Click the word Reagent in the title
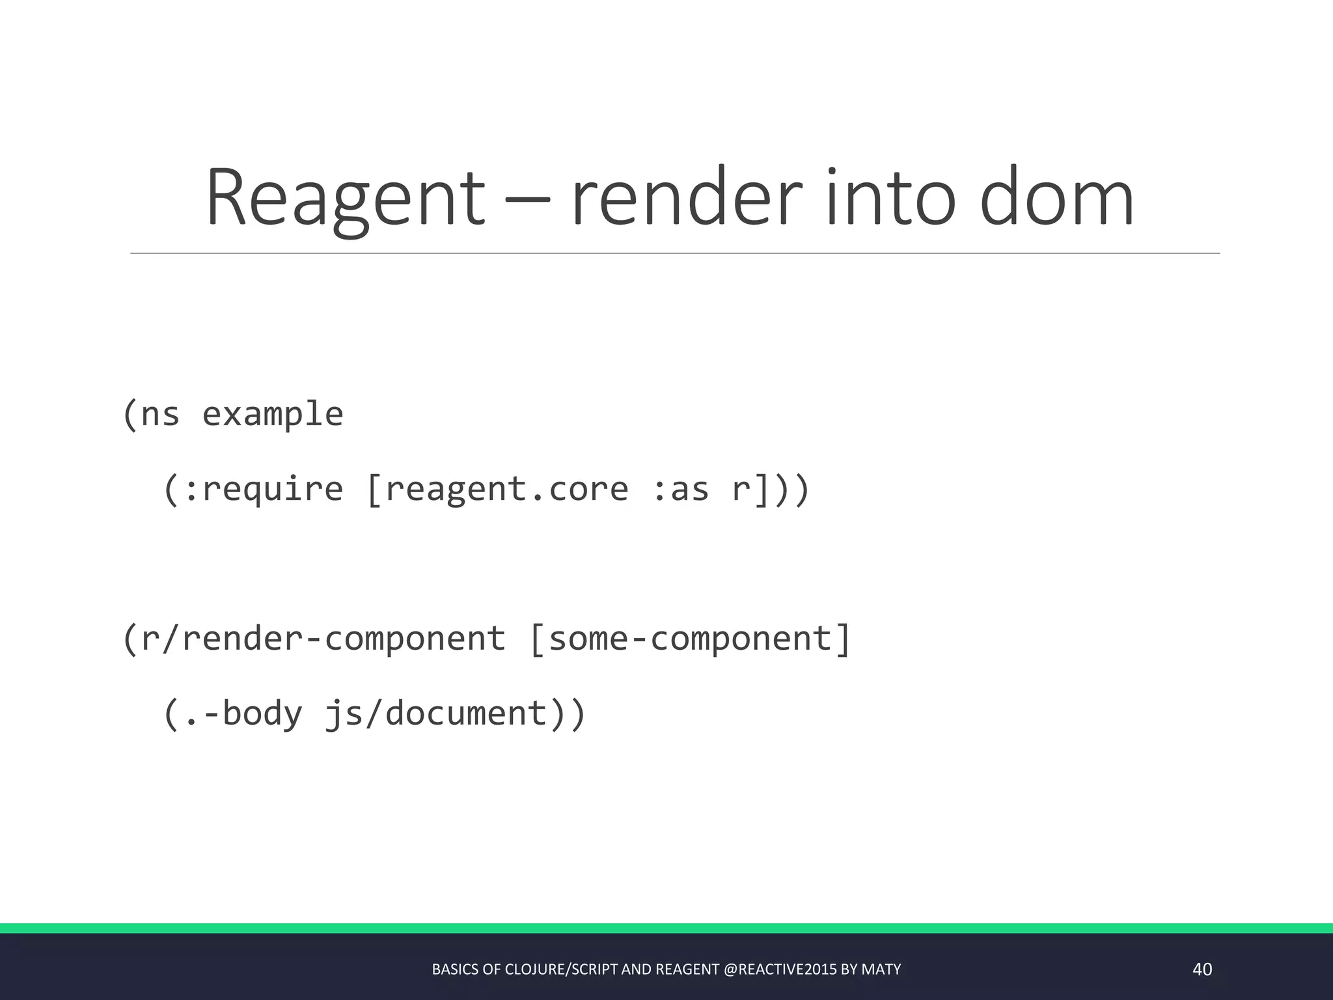pyautogui.click(x=346, y=199)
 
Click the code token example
pyautogui.click(x=273, y=415)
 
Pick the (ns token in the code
pyautogui.click(x=150, y=415)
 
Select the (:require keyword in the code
pyautogui.click(x=253, y=490)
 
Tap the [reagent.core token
pyautogui.click(x=498, y=490)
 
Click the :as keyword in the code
pyautogui.click(x=680, y=490)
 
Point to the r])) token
pyautogui.click(x=771, y=490)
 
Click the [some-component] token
pyautogui.click(x=690, y=639)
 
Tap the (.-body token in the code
pyautogui.click(x=232, y=714)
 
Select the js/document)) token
pyautogui.click(x=455, y=714)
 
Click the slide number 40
pyautogui.click(x=1202, y=969)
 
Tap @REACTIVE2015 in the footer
pyautogui.click(x=780, y=969)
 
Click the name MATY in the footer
pyautogui.click(x=881, y=969)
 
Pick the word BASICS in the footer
pyautogui.click(x=455, y=969)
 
